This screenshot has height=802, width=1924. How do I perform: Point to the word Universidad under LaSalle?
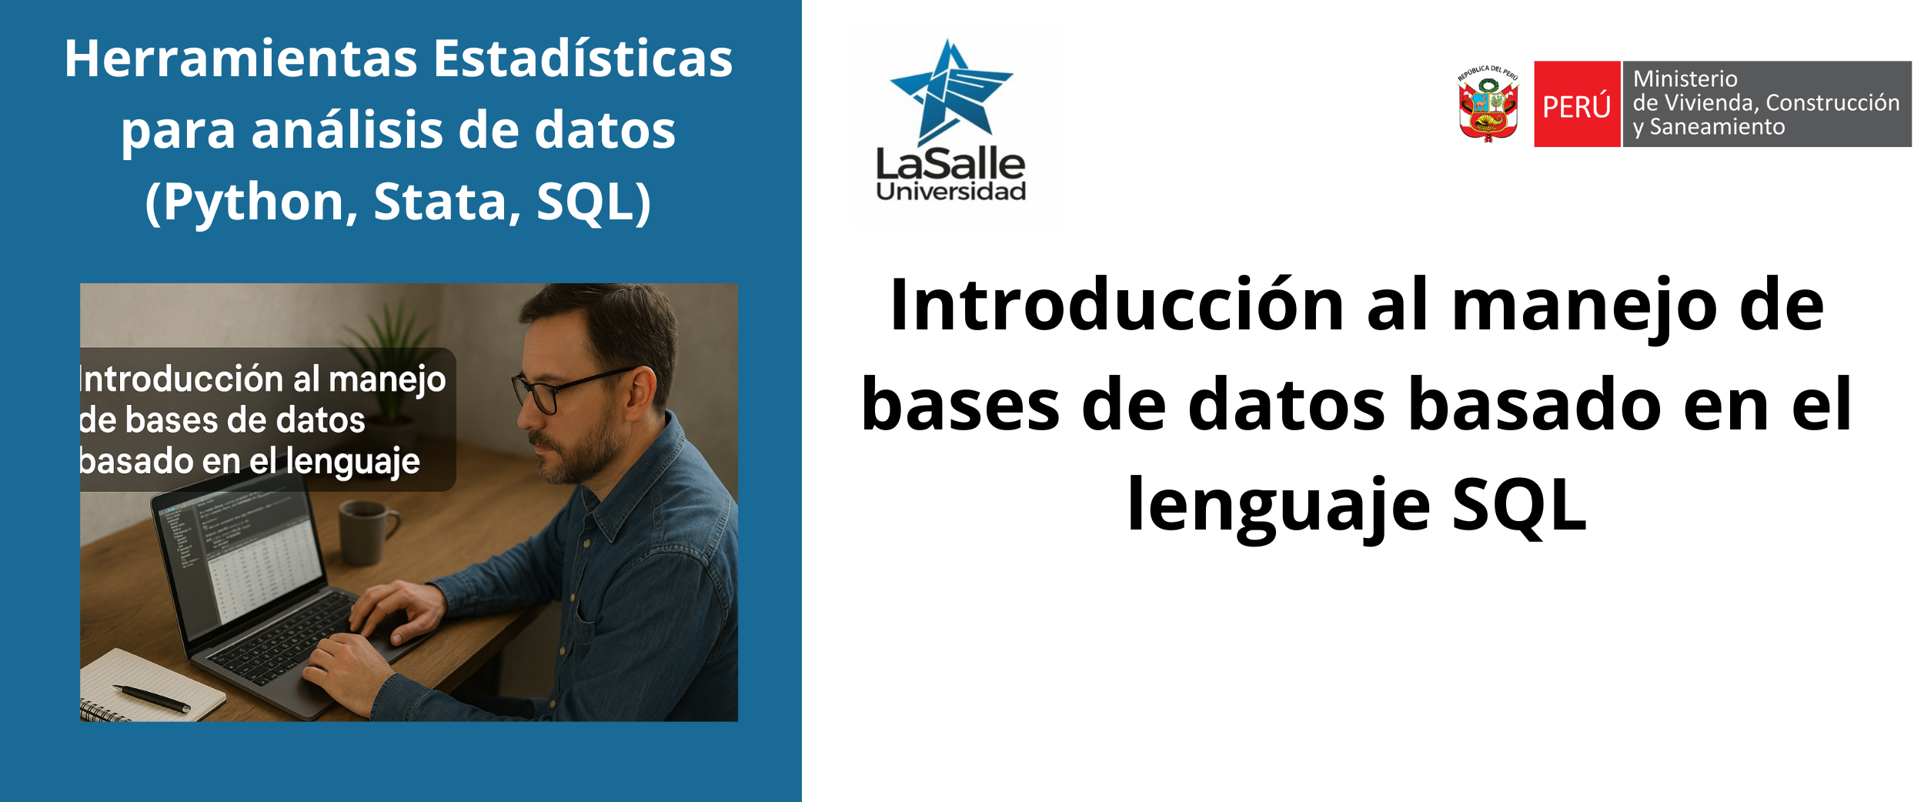[951, 191]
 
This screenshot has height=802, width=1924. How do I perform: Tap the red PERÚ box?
[1577, 104]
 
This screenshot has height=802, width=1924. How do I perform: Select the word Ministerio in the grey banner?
[1685, 79]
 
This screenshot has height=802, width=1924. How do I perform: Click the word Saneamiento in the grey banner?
[1718, 127]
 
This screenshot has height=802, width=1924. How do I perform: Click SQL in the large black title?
[1519, 506]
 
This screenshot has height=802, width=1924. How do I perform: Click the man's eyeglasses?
[573, 389]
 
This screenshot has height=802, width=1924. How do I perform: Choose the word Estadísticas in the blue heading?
[583, 58]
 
